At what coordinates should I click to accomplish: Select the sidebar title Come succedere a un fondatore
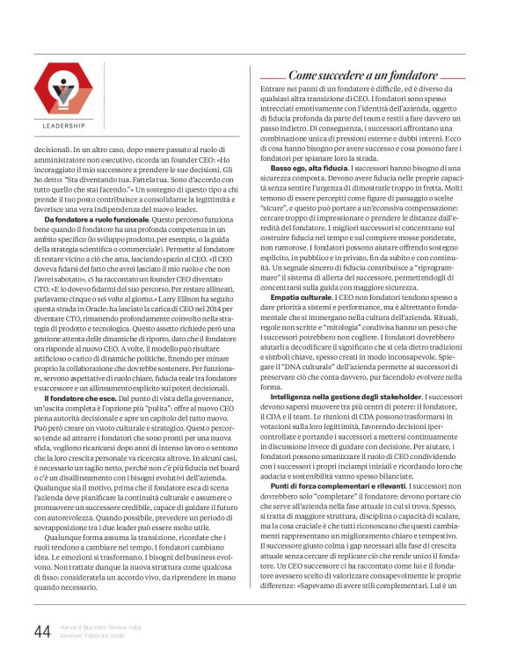click(363, 76)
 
